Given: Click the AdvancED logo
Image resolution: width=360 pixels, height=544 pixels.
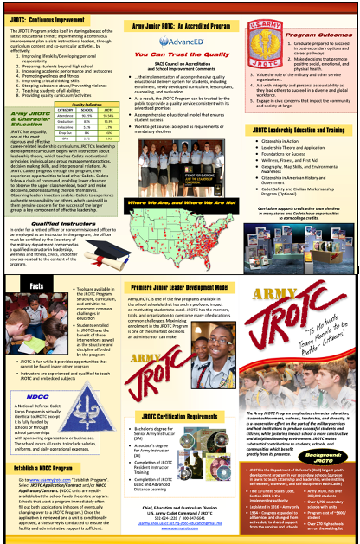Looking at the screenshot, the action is point(181,41).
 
